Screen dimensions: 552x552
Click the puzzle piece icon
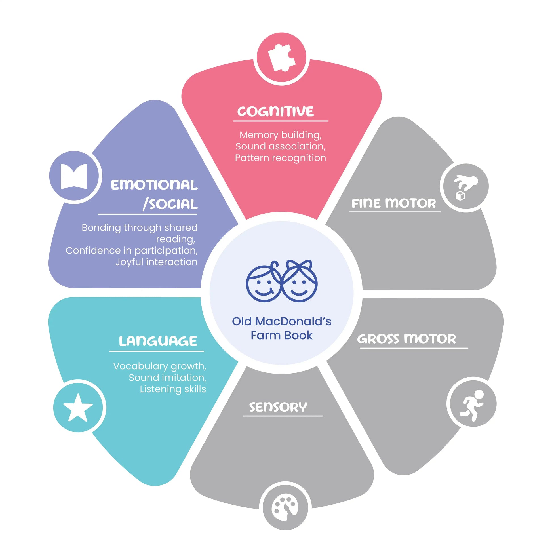click(281, 58)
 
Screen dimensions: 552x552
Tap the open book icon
click(74, 176)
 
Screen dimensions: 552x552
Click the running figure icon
click(472, 405)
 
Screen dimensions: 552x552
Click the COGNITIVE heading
click(275, 111)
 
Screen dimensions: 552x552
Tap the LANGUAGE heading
click(158, 341)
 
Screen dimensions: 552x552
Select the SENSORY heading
click(278, 407)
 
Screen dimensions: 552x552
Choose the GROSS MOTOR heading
click(406, 339)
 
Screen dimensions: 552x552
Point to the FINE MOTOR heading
click(394, 203)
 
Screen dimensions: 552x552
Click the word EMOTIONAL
click(154, 185)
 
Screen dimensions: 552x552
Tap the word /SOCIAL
click(170, 204)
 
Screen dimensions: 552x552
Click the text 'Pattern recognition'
click(280, 158)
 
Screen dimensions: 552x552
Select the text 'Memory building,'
click(281, 135)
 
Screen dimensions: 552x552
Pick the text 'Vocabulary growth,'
click(160, 366)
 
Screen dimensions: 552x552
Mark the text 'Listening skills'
click(173, 389)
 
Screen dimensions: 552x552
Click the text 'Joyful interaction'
click(156, 262)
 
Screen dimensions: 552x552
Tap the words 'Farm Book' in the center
click(281, 335)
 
